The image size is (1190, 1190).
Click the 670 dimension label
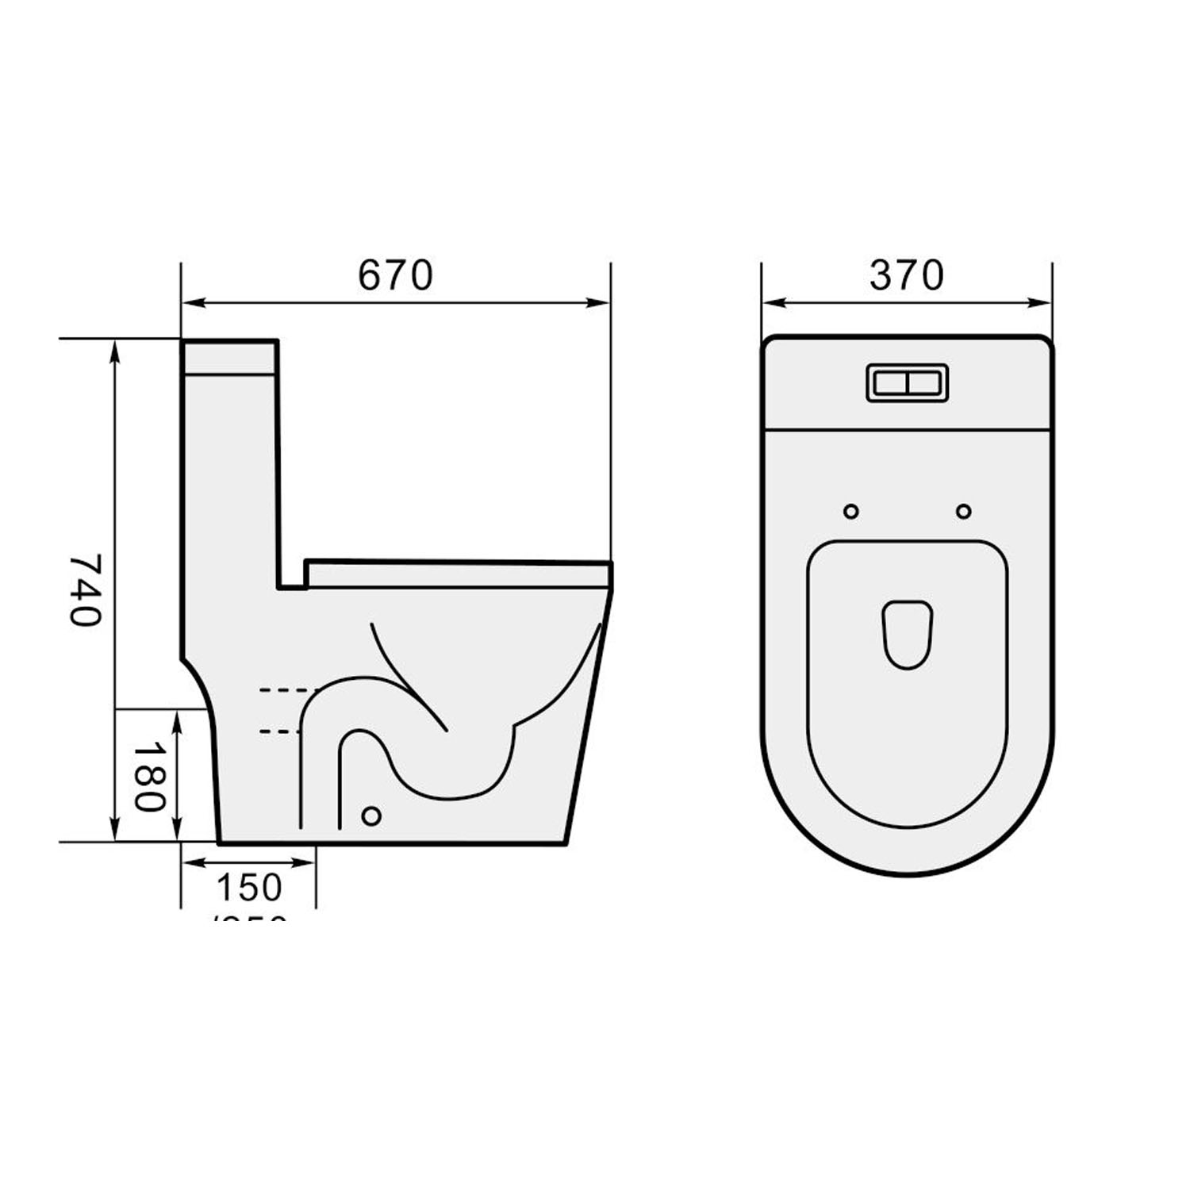coord(395,275)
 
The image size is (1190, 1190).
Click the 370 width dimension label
coord(906,275)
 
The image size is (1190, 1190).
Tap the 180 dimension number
coord(148,777)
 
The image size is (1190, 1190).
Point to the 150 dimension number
coord(249,888)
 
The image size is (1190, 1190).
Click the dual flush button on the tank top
coord(906,383)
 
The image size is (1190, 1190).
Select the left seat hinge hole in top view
coord(851,512)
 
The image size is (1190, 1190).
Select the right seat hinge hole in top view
coord(963,512)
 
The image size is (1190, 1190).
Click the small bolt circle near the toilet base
coord(370,816)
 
